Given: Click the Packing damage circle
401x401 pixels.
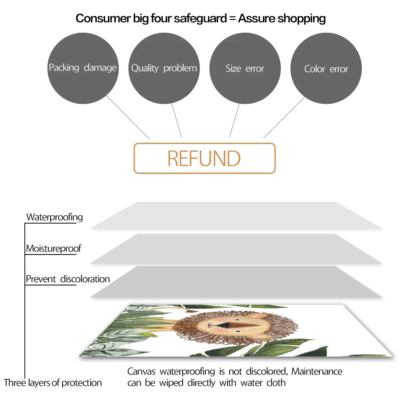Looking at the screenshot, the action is coord(83,68).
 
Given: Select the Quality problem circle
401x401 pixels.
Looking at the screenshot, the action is coord(164,68).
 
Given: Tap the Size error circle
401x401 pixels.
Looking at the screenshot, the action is coord(245,68).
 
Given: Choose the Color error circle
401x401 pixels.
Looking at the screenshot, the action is coord(326,68).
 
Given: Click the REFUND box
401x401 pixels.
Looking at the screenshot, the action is coord(204,158).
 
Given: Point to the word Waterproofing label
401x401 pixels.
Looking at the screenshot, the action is coord(54,217).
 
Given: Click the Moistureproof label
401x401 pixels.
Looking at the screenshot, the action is coord(54,249).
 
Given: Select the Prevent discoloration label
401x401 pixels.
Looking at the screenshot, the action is coord(68,279).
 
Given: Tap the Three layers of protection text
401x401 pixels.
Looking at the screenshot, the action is coord(53,383).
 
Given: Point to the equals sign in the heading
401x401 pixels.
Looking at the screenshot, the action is coord(231,19).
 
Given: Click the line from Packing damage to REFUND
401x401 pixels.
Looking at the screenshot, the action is coord(128,117).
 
